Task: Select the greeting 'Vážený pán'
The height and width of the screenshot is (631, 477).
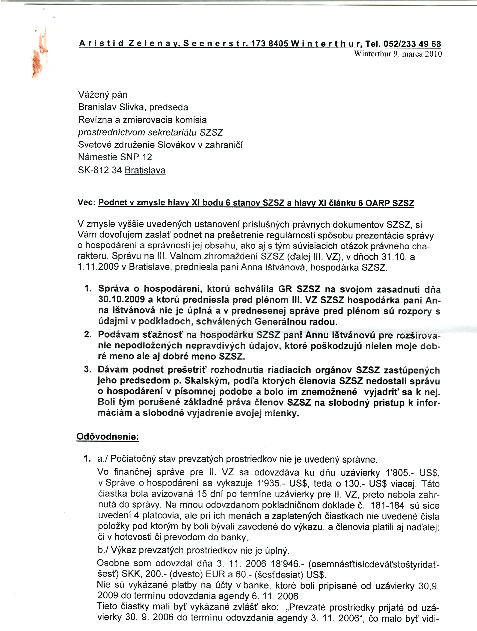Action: coord(103,94)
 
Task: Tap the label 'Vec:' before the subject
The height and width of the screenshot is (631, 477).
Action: coord(86,203)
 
